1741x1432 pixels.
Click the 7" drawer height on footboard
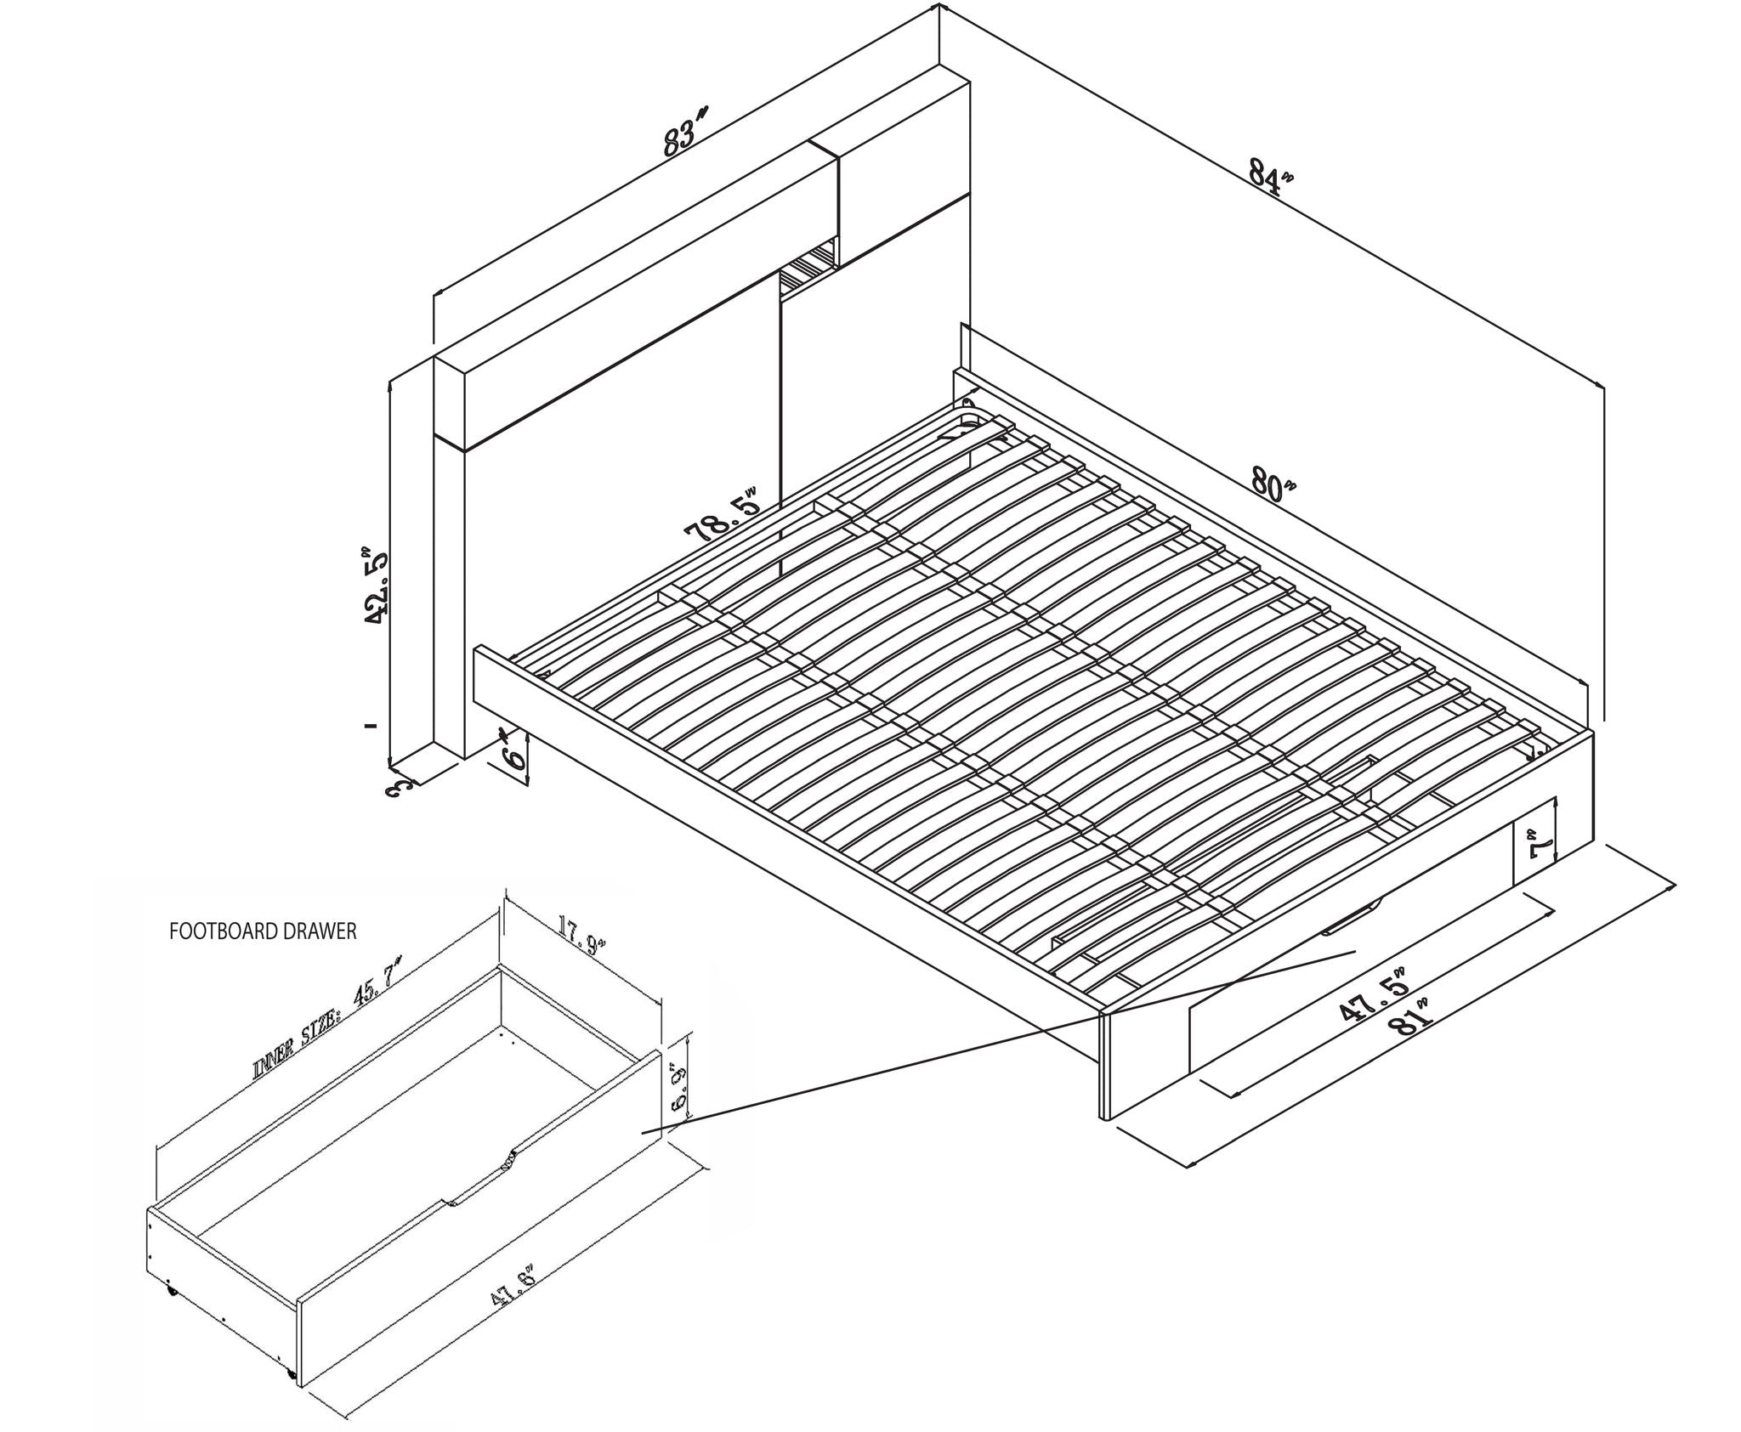click(1538, 848)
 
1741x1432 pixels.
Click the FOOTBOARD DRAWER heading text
click(263, 931)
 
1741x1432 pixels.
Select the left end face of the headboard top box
click(449, 400)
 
